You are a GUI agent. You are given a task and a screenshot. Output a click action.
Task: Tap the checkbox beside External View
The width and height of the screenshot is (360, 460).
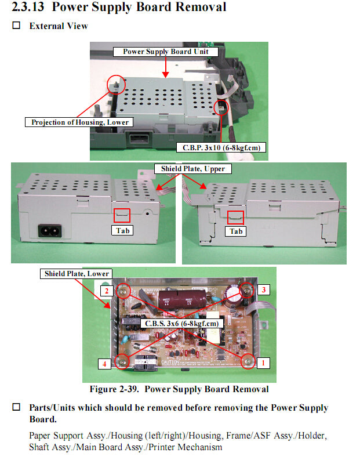point(16,26)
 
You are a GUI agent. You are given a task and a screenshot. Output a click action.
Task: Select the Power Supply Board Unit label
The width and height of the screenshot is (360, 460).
point(170,52)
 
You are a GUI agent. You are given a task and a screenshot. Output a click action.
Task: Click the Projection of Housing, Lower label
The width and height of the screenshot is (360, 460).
point(80,122)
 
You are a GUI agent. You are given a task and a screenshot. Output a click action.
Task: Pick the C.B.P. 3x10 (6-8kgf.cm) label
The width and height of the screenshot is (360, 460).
point(220,147)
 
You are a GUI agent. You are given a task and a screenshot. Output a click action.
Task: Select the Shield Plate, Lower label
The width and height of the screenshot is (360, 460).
point(77,273)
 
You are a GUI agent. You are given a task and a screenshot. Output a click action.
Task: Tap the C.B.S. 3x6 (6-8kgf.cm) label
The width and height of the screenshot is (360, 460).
point(181,323)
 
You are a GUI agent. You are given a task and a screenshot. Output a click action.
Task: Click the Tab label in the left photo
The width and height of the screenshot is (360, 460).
point(123,230)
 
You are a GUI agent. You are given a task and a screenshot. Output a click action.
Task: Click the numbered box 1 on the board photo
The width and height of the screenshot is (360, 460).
point(263,363)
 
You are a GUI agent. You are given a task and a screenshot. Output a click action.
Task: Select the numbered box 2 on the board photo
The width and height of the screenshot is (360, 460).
point(106,290)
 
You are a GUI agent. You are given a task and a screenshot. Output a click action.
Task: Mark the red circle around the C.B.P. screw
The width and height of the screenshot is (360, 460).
point(221,108)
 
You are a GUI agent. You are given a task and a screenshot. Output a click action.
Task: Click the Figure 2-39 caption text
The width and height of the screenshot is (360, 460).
point(179,389)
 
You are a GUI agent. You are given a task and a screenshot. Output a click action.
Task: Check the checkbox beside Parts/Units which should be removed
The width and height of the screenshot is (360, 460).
point(16,407)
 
